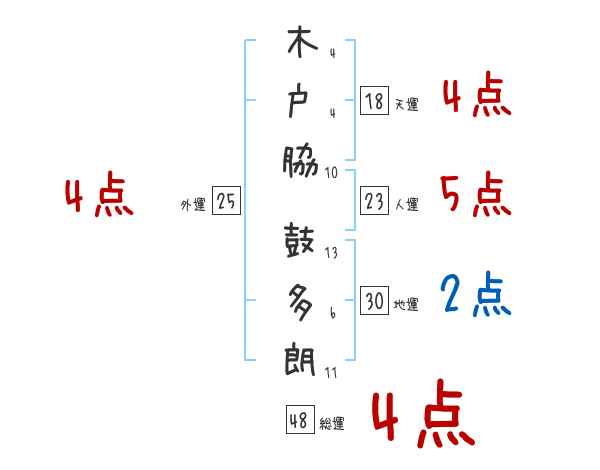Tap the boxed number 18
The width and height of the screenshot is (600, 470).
(374, 101)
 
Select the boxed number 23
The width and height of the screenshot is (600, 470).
(374, 201)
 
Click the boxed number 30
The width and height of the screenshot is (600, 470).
(374, 301)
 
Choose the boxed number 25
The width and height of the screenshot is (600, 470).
(226, 201)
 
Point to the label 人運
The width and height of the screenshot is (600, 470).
(406, 204)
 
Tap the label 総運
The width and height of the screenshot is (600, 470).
(332, 423)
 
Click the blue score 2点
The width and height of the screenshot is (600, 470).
(475, 295)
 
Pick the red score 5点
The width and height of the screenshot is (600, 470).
(475, 194)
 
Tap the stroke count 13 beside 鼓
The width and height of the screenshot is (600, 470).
(331, 253)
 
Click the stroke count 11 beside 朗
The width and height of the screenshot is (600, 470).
(331, 372)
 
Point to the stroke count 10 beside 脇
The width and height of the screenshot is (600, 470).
(331, 172)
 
